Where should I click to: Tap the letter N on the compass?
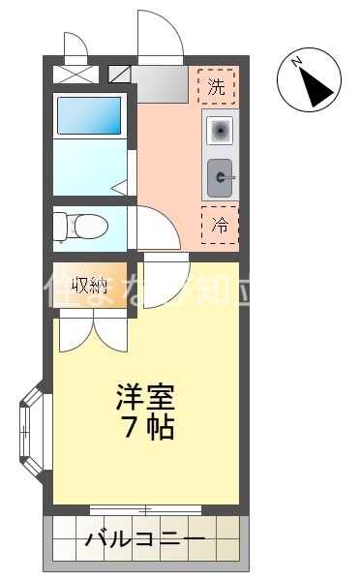(299, 64)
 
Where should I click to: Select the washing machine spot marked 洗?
(218, 85)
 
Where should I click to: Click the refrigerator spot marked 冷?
(220, 226)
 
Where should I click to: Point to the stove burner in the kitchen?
(219, 129)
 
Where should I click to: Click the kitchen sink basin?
(221, 176)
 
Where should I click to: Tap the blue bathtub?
(89, 115)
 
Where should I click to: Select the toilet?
(84, 226)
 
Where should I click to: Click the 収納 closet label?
(89, 285)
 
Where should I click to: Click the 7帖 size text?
(147, 427)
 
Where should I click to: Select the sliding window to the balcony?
(146, 508)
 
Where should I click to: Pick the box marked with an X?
(75, 74)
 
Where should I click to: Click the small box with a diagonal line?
(120, 74)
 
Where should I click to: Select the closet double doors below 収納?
(93, 334)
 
